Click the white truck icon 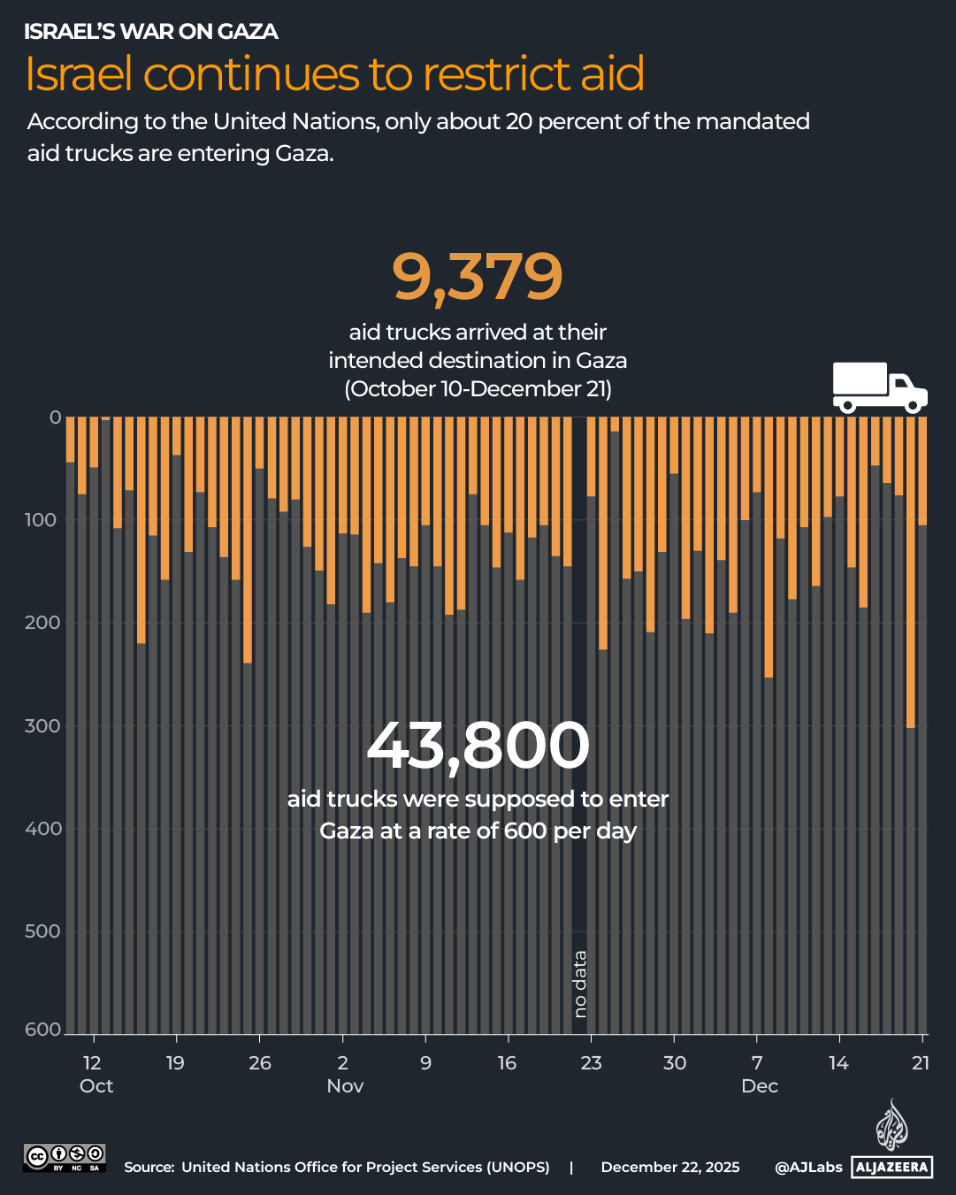879,387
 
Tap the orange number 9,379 478,277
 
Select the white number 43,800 478,745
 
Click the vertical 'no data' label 580,984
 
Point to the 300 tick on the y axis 42,726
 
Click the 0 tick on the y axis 55,417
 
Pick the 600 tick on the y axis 42,1030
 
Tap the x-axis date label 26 259,1063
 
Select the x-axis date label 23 591,1063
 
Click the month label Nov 345,1086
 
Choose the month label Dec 760,1086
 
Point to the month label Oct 96,1086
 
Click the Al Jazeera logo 891,1141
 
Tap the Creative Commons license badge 65,1158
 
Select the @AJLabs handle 808,1168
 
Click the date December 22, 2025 670,1168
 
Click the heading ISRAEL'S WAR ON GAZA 151,32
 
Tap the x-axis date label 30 675,1063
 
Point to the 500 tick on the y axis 42,931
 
